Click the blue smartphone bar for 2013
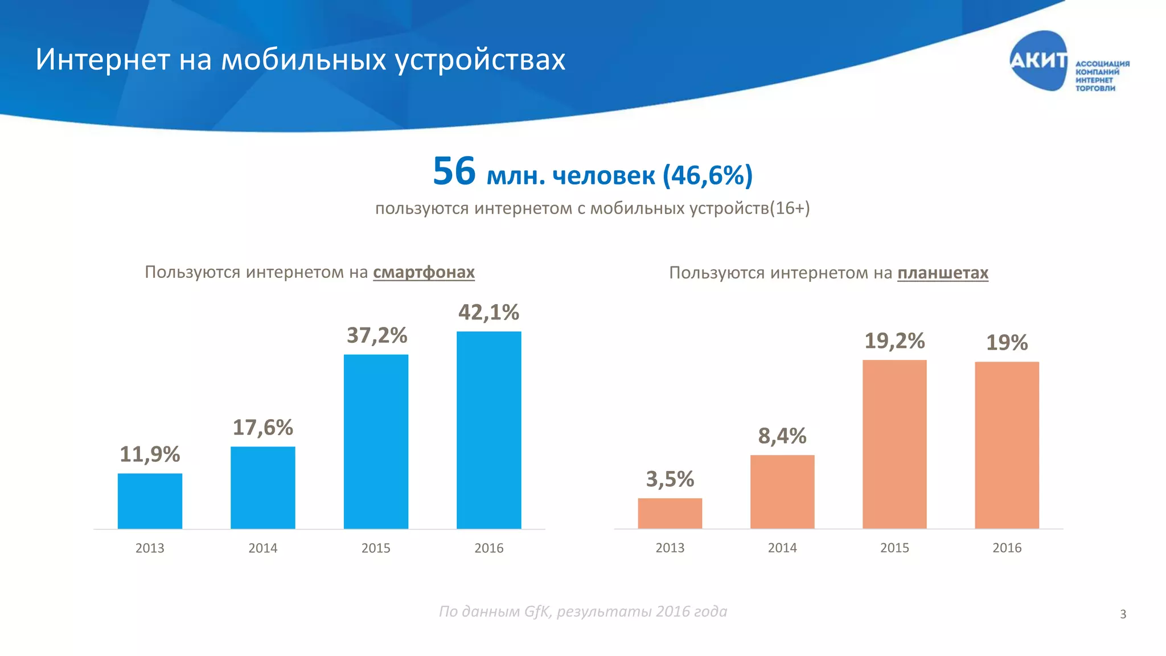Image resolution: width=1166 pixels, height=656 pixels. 150,501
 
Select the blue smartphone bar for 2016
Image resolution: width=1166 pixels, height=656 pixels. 488,430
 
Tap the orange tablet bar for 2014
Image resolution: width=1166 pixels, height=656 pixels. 782,491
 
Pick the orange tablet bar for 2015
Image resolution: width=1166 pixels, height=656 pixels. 894,444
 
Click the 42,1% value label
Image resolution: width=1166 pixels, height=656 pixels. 488,312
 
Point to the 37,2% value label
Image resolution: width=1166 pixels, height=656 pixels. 377,335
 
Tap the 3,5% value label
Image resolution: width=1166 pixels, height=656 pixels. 670,479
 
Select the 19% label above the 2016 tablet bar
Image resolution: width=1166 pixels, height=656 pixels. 1007,342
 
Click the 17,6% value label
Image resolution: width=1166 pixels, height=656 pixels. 262,427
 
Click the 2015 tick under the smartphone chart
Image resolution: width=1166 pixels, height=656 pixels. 376,548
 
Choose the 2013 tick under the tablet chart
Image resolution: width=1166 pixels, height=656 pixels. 670,548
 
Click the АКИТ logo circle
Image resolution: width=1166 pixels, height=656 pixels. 1038,60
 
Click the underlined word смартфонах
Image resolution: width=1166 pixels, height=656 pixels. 424,272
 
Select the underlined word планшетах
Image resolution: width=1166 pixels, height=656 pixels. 942,273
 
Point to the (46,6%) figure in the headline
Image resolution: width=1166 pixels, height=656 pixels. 707,175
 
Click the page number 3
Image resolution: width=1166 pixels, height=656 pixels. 1123,614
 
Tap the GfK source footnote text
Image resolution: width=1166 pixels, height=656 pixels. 582,611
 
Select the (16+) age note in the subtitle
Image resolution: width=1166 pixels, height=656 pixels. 790,208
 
